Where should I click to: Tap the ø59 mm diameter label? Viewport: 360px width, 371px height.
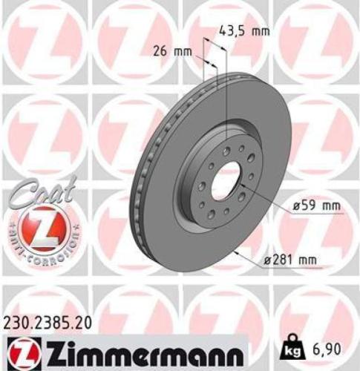click(300, 206)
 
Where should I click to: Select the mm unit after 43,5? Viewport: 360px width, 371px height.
click(259, 30)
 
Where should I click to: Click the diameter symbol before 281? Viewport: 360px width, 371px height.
click(268, 258)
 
